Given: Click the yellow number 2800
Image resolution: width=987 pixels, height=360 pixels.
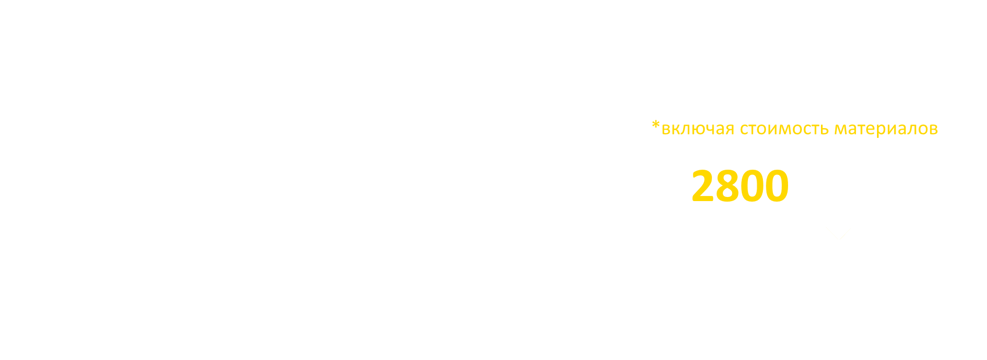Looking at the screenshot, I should pos(740,186).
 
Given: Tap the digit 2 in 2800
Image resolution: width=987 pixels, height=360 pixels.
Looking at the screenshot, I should pos(704,186).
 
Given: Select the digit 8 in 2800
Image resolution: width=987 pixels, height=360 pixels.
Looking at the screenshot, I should pos(728,186).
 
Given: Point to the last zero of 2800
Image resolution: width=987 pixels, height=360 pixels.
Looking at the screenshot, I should pos(776,186).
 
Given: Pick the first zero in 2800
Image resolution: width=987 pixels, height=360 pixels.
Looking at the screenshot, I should pos(752,186).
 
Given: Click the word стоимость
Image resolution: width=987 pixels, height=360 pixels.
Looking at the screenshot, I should pos(783,129).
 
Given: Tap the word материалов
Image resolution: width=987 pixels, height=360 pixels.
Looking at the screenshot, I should pos(885,129).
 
